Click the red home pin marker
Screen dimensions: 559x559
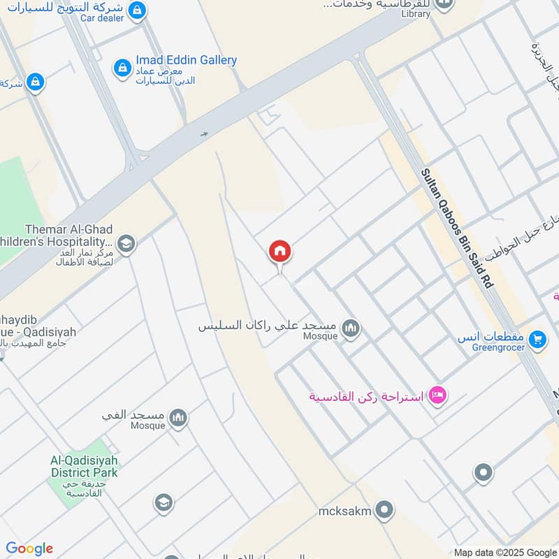coord(280,252)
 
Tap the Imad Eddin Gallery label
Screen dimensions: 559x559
coord(186,61)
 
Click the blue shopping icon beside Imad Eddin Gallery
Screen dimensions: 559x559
coord(122,68)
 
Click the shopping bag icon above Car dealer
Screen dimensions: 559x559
coord(138,10)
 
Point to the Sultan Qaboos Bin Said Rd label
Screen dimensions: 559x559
coord(457,228)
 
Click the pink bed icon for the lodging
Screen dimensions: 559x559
coord(438,395)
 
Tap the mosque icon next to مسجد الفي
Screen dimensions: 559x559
coord(179,418)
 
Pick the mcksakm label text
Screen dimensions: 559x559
coord(344,510)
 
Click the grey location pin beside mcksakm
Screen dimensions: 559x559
coord(384,511)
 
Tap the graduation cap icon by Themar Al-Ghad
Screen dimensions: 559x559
coord(126,244)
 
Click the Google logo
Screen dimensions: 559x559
coord(29,549)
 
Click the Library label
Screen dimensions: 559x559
coord(417,13)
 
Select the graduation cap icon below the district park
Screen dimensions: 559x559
coord(164,502)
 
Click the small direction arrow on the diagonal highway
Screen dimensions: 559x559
coord(204,134)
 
